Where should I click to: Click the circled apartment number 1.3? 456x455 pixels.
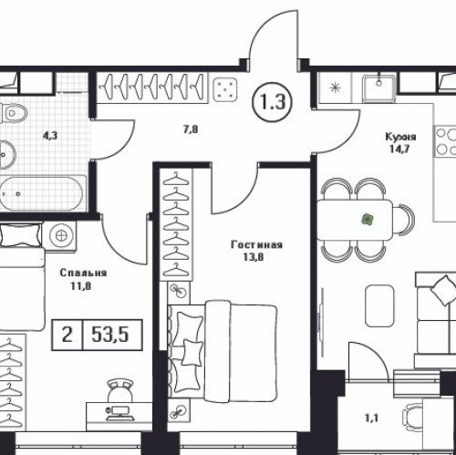(x=272, y=101)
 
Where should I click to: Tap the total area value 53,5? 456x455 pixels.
(x=110, y=335)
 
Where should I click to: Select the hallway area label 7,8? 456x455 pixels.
(x=191, y=129)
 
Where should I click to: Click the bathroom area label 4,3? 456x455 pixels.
(x=50, y=136)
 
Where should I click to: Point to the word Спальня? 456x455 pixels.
(x=83, y=273)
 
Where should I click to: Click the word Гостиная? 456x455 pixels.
(x=256, y=244)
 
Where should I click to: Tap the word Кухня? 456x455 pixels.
(x=400, y=137)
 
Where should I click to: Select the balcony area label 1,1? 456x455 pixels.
(x=371, y=419)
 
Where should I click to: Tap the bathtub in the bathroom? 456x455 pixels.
(x=41, y=193)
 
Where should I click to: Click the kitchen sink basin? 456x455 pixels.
(x=378, y=88)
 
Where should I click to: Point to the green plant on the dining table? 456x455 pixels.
(x=368, y=219)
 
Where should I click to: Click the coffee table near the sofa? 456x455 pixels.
(x=379, y=305)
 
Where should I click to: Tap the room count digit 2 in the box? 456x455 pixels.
(x=67, y=335)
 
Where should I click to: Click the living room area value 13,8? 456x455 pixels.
(x=254, y=257)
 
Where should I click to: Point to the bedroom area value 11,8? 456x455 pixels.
(x=81, y=286)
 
